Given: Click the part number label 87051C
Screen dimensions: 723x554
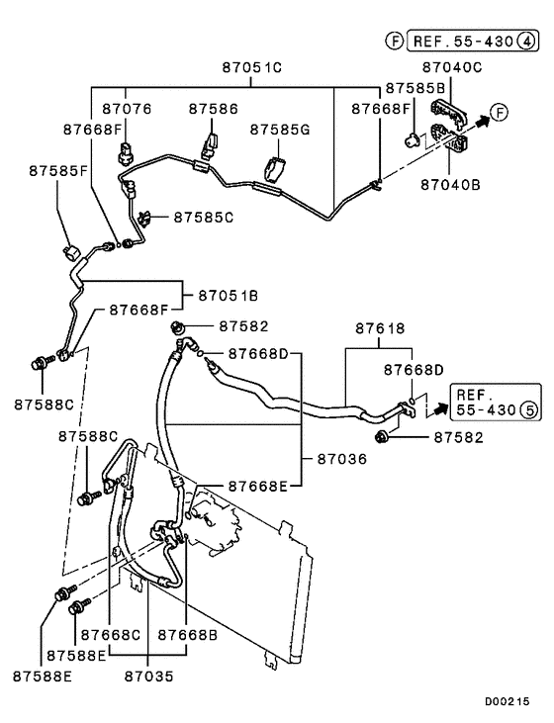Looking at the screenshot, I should tap(251, 67).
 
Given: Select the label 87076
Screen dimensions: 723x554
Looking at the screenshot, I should tap(126, 109).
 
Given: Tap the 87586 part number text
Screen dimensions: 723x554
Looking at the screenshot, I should tap(213, 109).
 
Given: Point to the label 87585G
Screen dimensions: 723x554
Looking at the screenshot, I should tap(280, 130).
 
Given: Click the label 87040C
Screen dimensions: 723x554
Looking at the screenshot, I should tap(451, 67).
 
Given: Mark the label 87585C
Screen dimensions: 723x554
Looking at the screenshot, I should tap(203, 216).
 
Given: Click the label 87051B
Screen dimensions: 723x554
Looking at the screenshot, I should tap(228, 295).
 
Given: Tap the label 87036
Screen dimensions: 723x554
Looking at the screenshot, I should tap(341, 458).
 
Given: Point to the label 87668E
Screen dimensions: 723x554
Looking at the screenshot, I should tap(258, 487).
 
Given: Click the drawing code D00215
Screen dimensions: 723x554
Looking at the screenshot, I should tap(507, 702).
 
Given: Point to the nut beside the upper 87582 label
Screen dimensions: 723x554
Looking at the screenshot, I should tap(178, 327).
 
